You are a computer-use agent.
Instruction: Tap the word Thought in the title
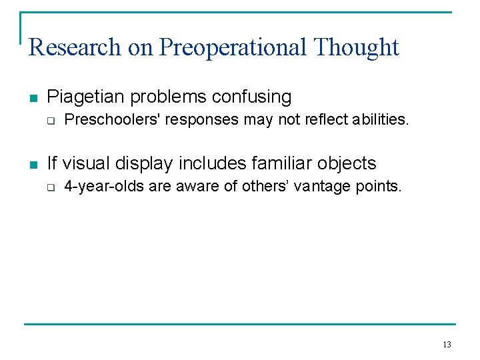point(356,47)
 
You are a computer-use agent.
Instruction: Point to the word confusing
point(252,97)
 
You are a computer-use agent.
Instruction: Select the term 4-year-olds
point(104,187)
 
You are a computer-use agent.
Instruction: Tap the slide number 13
point(446,345)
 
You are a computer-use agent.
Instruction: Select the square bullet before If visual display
point(33,165)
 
